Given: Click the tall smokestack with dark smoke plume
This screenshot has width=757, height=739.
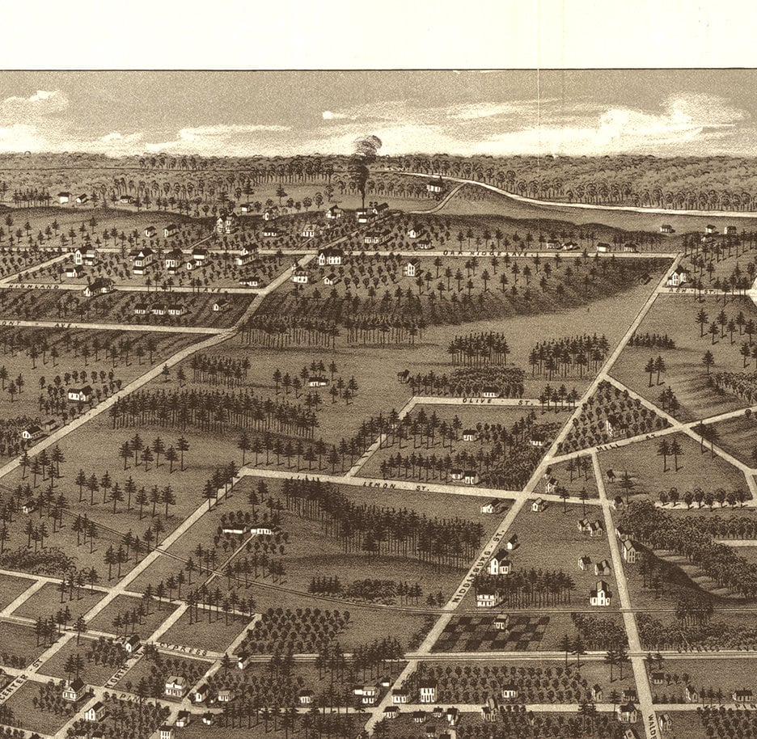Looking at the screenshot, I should [x=362, y=174].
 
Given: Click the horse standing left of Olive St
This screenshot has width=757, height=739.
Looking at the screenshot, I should [x=402, y=376].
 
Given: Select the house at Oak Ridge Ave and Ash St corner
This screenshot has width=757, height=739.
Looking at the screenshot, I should [x=678, y=276].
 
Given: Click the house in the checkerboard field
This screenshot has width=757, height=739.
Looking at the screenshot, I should [x=501, y=621].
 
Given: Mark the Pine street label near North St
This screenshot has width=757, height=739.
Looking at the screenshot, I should [x=129, y=694].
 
